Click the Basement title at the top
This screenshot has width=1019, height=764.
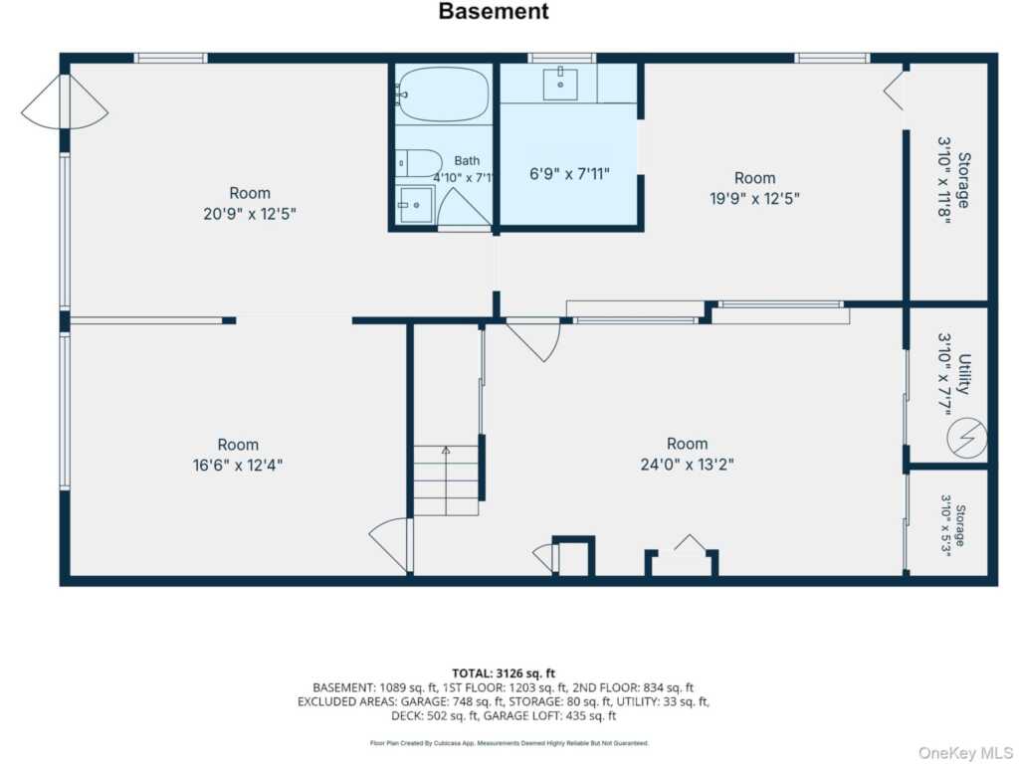[494, 11]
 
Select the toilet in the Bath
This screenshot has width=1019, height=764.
[418, 163]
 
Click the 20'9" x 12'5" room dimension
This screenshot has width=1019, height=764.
[250, 213]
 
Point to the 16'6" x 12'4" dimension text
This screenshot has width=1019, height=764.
[238, 466]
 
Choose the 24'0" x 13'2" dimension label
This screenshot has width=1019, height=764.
[687, 464]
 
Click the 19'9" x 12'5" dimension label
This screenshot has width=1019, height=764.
[754, 198]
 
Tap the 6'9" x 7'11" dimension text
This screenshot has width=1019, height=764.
[569, 174]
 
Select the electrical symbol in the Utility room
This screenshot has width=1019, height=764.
[966, 438]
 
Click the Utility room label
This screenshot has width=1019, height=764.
[964, 374]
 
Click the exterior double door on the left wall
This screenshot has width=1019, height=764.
[65, 102]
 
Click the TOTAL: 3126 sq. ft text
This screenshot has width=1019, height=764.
[504, 673]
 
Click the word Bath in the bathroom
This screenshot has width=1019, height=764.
[467, 160]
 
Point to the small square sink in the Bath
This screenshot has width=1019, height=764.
[416, 204]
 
